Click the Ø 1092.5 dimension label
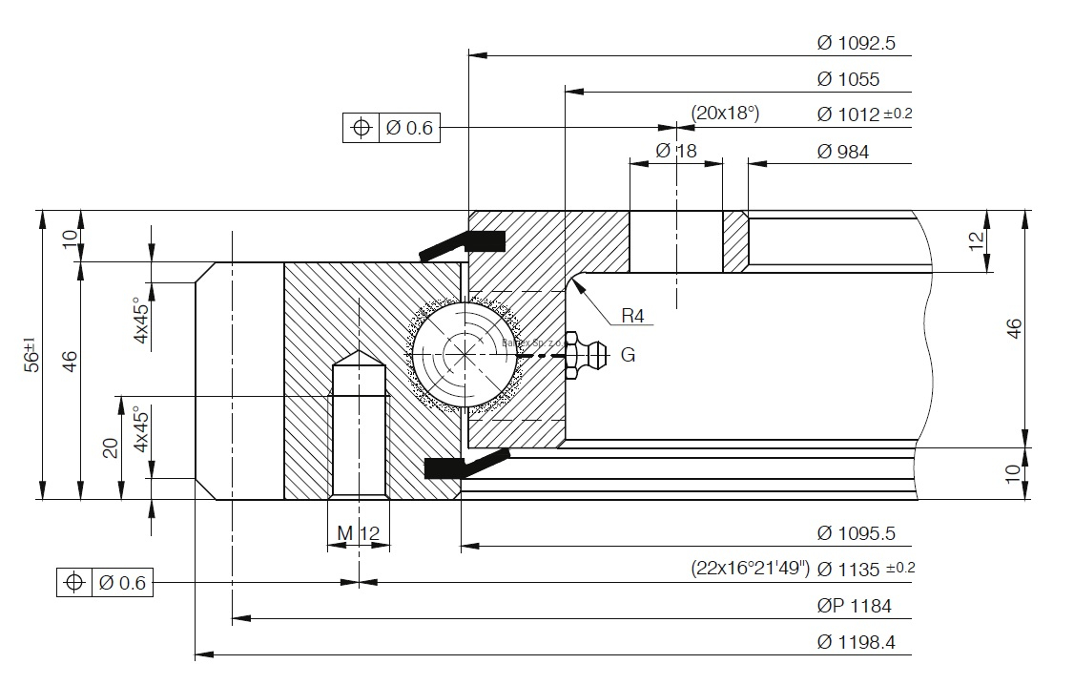coord(856,43)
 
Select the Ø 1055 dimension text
coord(848,79)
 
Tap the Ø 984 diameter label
coord(843,151)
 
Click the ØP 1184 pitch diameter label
coord(854,605)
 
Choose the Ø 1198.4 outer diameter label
coord(856,641)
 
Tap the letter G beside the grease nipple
coord(628,355)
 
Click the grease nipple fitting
coord(586,355)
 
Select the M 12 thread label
coord(358,531)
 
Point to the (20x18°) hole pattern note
coord(725,114)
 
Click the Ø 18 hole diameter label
coord(676,151)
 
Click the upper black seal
coord(464,243)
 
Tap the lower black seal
coord(464,466)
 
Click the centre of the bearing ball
coord(465,355)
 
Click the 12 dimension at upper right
coord(975,240)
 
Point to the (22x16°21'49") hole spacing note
coord(750,569)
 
